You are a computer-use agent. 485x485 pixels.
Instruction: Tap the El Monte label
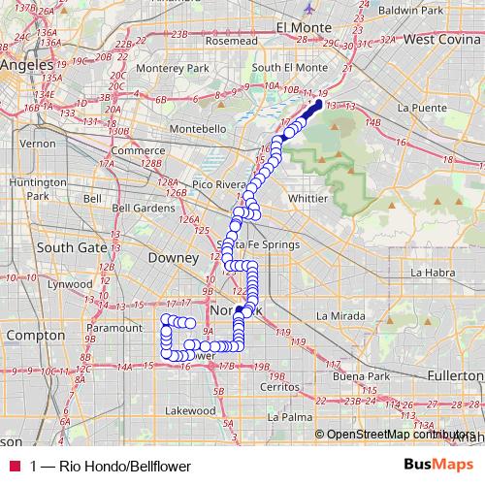pos(305,26)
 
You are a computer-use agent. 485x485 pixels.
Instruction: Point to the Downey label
pos(172,258)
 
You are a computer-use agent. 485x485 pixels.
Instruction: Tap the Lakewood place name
pos(190,410)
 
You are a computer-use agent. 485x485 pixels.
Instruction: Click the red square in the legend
pos(15,466)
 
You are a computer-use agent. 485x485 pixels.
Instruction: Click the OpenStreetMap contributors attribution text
pos(400,435)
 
